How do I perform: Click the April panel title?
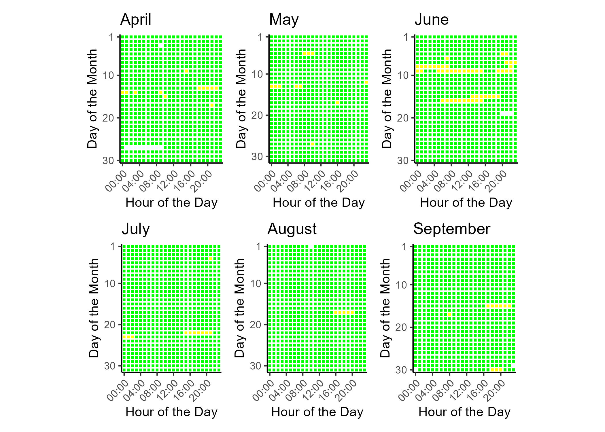pyautogui.click(x=136, y=20)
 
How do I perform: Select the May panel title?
pyautogui.click(x=284, y=20)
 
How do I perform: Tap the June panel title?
pyautogui.click(x=432, y=20)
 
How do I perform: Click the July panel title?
pyautogui.click(x=136, y=229)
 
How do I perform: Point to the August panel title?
pyautogui.click(x=292, y=229)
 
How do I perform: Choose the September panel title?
pyautogui.click(x=451, y=229)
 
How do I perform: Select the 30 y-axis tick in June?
pyautogui.click(x=403, y=160)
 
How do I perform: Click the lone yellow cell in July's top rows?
pyautogui.click(x=211, y=259)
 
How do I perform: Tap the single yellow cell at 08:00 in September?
pyautogui.click(x=449, y=315)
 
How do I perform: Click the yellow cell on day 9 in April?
pyautogui.click(x=186, y=71)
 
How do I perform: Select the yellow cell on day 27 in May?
pyautogui.click(x=313, y=144)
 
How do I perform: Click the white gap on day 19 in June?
pyautogui.click(x=506, y=114)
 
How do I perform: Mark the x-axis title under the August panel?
pyautogui.click(x=317, y=412)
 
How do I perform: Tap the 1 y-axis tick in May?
pyautogui.click(x=260, y=37)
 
